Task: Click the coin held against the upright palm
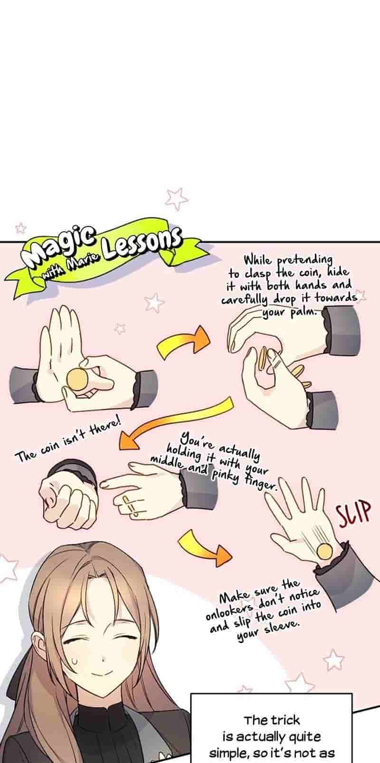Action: click(x=78, y=379)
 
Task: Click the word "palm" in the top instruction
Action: click(x=302, y=312)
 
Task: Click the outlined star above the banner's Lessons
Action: click(x=177, y=199)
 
